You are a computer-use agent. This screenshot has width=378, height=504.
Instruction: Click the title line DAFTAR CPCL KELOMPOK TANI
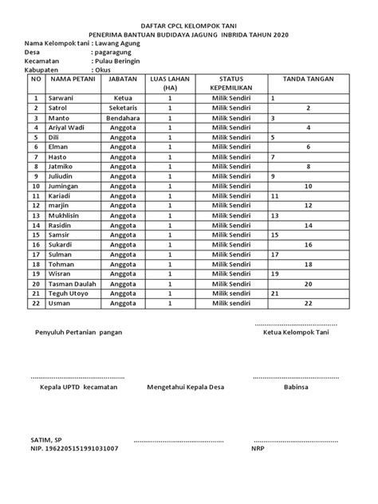[x=189, y=26]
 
